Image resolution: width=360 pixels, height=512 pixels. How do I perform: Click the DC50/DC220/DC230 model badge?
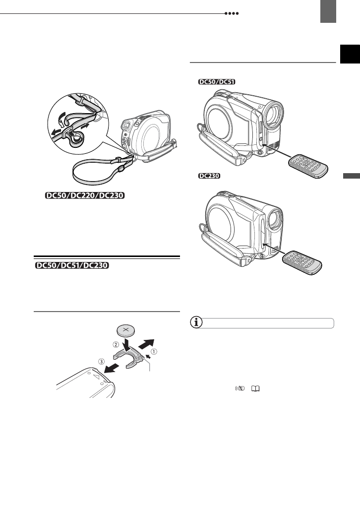pyautogui.click(x=84, y=196)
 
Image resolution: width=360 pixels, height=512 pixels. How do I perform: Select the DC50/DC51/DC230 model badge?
pyautogui.click(x=73, y=267)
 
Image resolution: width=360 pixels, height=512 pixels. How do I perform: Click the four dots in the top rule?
pyautogui.click(x=232, y=14)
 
